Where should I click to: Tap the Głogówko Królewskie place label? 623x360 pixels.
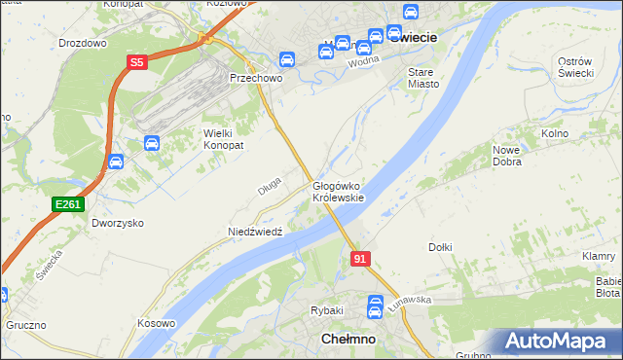[x=338, y=192]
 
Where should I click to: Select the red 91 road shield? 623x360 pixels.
[x=361, y=259]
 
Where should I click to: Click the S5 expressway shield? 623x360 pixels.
[x=137, y=62]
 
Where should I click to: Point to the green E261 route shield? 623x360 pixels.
[x=67, y=203]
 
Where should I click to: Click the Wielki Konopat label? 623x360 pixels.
[x=223, y=138]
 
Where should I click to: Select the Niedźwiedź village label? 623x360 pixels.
[x=254, y=232]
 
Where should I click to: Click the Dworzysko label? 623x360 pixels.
[x=118, y=223]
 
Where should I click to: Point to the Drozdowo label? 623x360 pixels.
[x=83, y=44]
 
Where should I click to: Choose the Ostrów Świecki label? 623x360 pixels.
[x=575, y=68]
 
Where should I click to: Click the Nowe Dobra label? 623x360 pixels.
[x=512, y=156]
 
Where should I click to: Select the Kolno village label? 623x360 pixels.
[x=554, y=133]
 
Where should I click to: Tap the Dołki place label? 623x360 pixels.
[x=440, y=247]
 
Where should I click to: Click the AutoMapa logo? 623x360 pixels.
[x=558, y=342]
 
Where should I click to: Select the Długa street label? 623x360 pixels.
[x=270, y=184]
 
